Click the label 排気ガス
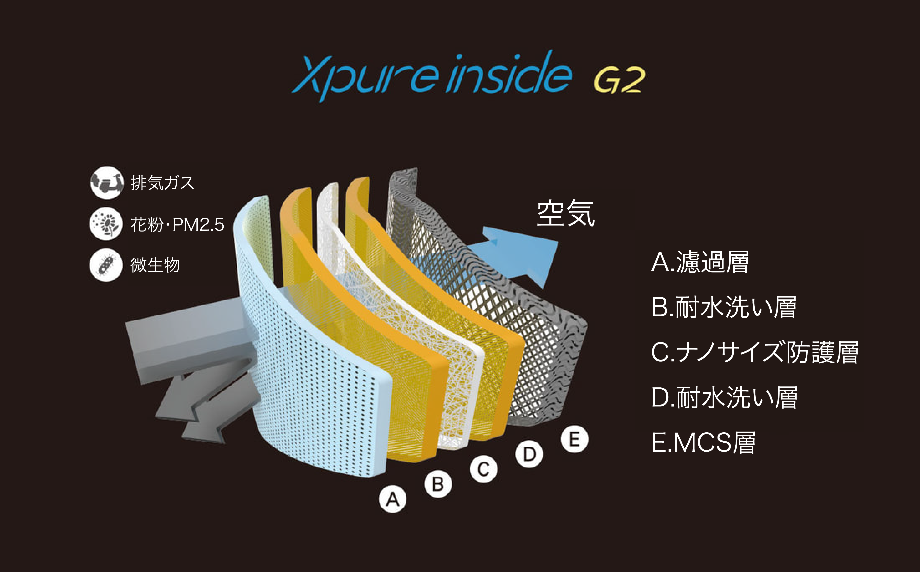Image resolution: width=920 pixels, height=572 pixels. pos(162,183)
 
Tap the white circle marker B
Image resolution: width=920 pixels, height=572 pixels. pos(438,484)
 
